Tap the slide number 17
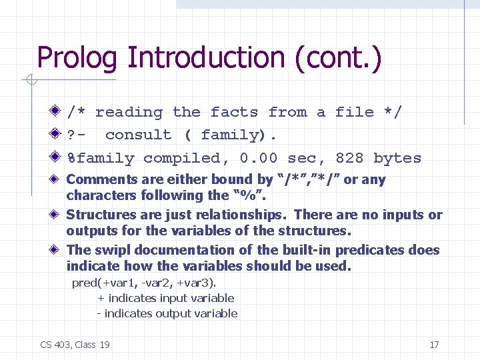coord(434,345)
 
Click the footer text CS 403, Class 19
coord(75,345)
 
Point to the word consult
coord(138,135)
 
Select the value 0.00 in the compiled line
coord(259,159)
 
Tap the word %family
coord(100,159)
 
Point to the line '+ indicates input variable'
coord(166,298)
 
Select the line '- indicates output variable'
coord(167,313)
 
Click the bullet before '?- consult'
coord(57,135)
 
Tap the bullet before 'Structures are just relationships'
coord(57,215)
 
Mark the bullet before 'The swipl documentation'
coord(57,250)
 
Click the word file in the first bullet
coord(354,112)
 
